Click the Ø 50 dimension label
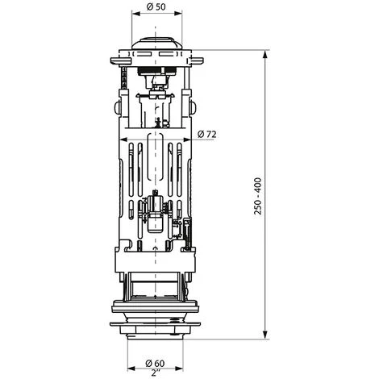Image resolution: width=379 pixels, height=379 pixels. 156,6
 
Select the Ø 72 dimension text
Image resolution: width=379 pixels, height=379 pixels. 206,134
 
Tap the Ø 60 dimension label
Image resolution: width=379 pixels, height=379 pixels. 155,363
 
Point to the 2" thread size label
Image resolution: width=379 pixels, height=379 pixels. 155,373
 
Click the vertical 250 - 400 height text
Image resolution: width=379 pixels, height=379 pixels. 257,196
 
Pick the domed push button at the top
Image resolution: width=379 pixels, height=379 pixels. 156,43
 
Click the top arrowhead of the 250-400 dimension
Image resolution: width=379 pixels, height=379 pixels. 265,55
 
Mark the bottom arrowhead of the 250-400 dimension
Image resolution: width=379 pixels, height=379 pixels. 265,335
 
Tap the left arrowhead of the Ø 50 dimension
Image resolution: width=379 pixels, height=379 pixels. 136,14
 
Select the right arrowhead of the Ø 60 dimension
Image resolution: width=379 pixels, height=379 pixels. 179,369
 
